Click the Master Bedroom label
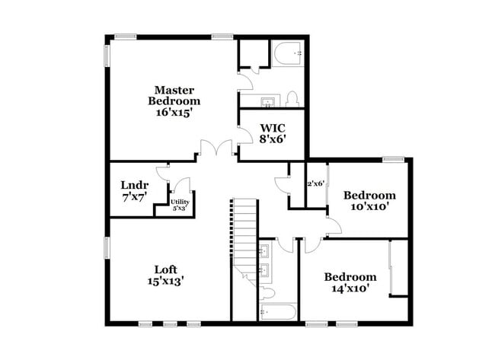tap(174, 95)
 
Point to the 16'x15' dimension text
tap(174, 111)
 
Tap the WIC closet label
tap(273, 128)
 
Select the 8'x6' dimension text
tap(273, 139)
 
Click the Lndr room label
tap(134, 185)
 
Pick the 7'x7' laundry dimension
tap(134, 196)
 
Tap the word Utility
tap(180, 202)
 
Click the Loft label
tap(166, 269)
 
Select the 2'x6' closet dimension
tap(316, 183)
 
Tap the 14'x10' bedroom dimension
tap(350, 288)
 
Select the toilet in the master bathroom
tap(292, 98)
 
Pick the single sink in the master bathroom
tap(268, 101)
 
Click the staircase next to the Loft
tap(244, 236)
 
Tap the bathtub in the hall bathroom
tap(277, 311)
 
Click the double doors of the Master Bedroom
tap(218, 149)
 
